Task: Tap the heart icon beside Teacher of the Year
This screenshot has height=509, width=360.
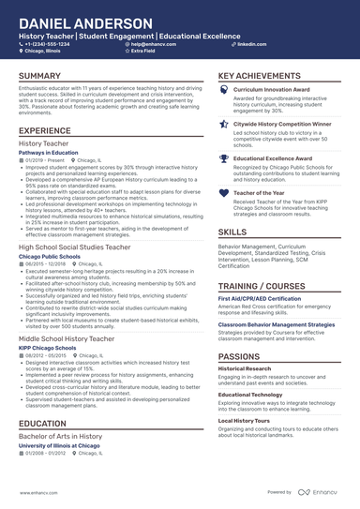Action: (x=223, y=193)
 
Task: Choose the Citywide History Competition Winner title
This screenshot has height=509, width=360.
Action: (x=282, y=124)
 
